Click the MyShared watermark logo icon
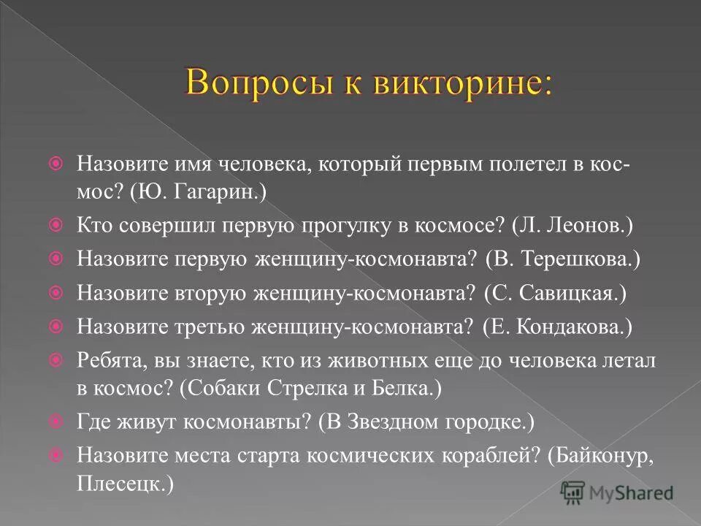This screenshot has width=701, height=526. click(x=573, y=492)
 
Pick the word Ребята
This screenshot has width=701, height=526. click(x=104, y=360)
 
